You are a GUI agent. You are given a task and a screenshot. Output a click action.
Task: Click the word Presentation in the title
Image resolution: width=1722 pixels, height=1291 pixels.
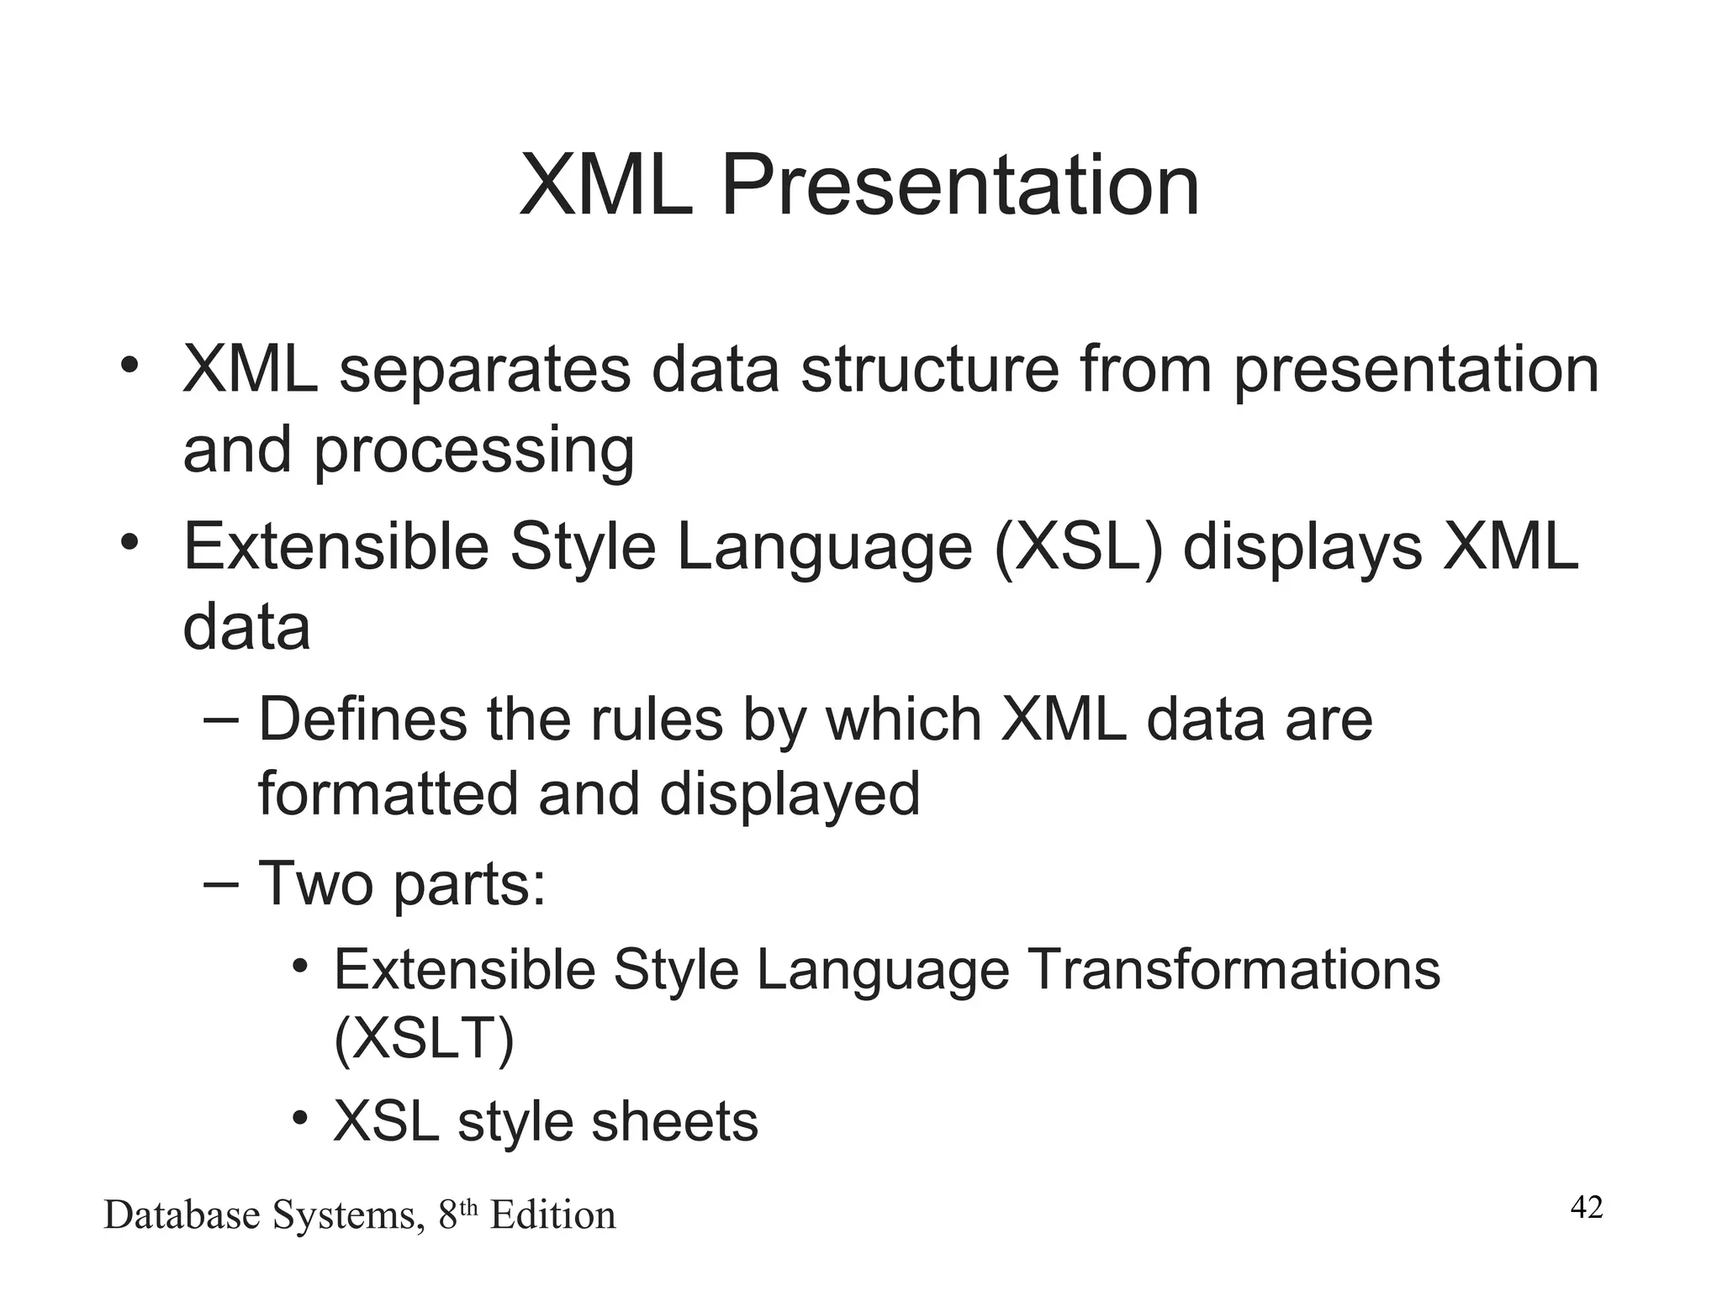[x=959, y=186]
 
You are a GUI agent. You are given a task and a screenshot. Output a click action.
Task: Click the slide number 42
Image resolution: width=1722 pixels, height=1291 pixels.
[x=1587, y=1208]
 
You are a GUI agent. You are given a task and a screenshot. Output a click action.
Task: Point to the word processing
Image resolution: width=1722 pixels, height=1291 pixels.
[x=473, y=452]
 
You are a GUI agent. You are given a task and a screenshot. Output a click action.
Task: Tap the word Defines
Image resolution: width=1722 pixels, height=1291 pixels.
[x=362, y=719]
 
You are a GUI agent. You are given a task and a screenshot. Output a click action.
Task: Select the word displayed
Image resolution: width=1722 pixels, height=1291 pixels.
[x=790, y=794]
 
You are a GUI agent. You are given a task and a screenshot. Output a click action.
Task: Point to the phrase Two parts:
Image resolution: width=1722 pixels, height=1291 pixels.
[x=402, y=884]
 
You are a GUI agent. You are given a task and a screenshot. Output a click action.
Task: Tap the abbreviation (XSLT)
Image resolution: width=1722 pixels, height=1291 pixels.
[x=424, y=1040]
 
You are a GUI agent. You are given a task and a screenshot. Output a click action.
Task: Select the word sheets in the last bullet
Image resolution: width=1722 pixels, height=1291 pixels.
[x=674, y=1121]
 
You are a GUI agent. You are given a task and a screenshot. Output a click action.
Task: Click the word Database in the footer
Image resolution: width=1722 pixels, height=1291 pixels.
[x=182, y=1215]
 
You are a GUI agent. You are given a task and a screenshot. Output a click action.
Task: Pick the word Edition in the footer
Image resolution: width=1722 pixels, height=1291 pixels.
[x=552, y=1215]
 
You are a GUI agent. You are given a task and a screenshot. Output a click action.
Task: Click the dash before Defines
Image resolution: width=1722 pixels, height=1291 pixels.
[x=221, y=720]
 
